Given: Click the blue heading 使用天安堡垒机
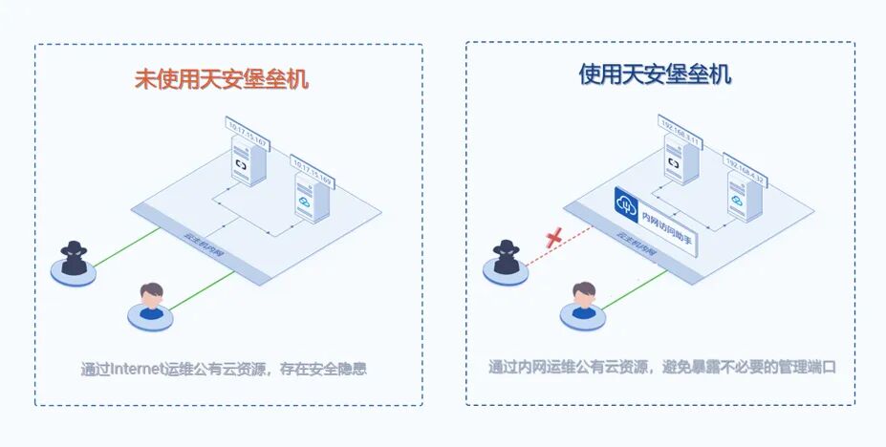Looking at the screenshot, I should (x=655, y=74).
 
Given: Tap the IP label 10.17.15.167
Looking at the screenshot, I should (x=248, y=126).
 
